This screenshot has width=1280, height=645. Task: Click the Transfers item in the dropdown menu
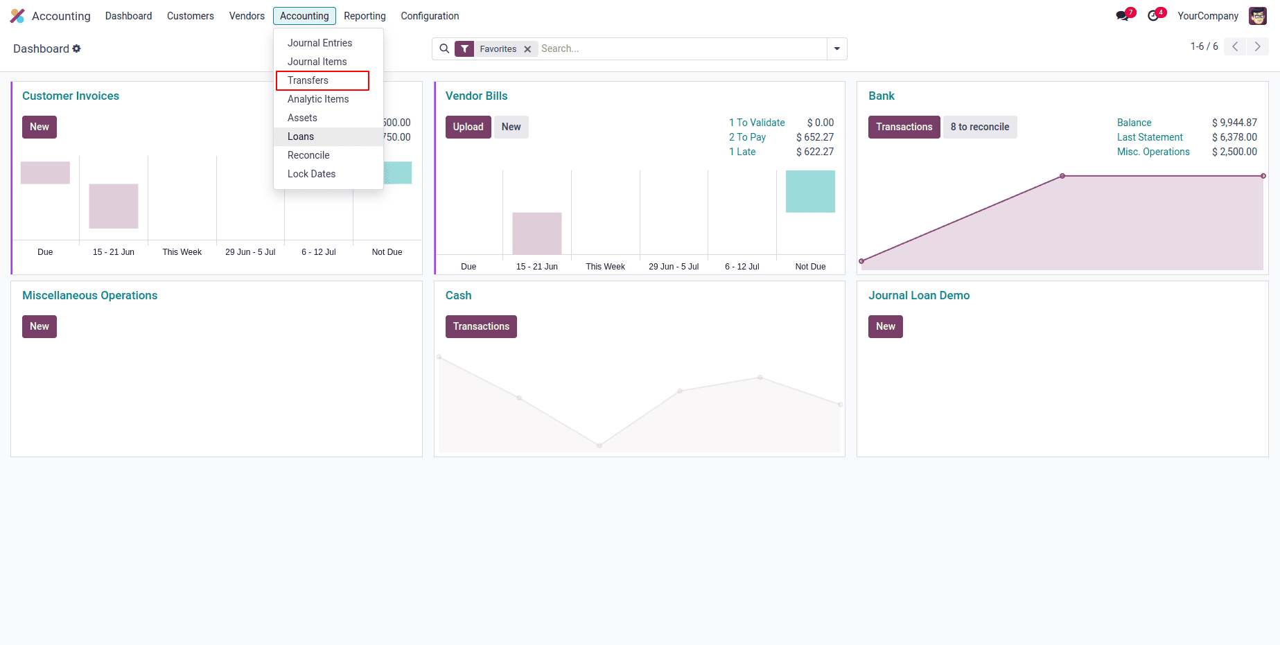coord(308,80)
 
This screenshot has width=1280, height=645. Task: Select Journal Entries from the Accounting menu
coord(319,43)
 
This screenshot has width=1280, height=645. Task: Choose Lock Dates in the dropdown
coord(311,174)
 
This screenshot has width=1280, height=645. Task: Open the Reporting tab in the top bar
coord(365,16)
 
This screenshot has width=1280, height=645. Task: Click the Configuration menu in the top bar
coord(430,16)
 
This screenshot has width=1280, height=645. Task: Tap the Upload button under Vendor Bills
coord(468,127)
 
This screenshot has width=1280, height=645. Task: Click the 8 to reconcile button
coord(979,127)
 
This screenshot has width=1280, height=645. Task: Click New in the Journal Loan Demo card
coord(885,326)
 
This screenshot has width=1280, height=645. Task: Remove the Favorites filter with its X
coord(527,49)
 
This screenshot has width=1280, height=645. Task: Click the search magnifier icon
coord(444,48)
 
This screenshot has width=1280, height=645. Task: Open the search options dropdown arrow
coord(836,48)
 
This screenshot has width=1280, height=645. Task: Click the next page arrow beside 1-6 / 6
coord(1257,46)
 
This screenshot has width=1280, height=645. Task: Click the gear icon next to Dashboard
coord(77,48)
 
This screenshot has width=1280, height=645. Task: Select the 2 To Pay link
coord(747,137)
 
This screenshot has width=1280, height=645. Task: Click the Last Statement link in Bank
coord(1150,137)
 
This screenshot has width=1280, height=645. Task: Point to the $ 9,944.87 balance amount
coord(1234,123)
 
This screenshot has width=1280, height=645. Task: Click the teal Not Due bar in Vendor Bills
coord(810,191)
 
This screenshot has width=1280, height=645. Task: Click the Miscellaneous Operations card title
coord(90,295)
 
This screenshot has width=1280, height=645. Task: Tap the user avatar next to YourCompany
coord(1257,16)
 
